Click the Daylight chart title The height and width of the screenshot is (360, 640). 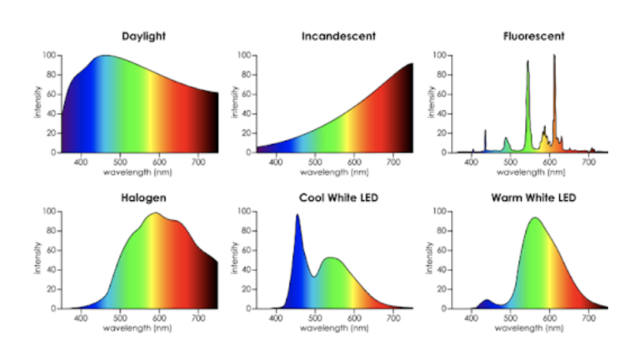141,37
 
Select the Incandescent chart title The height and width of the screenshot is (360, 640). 337,37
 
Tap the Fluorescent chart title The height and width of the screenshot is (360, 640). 533,37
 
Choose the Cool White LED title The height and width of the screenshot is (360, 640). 337,197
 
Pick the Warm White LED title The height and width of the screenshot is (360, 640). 533,197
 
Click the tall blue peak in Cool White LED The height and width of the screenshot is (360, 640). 297,218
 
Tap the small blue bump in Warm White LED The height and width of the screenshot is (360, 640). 487,302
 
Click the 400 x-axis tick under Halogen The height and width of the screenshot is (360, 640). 81,318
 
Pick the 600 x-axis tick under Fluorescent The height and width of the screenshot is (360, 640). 550,162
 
